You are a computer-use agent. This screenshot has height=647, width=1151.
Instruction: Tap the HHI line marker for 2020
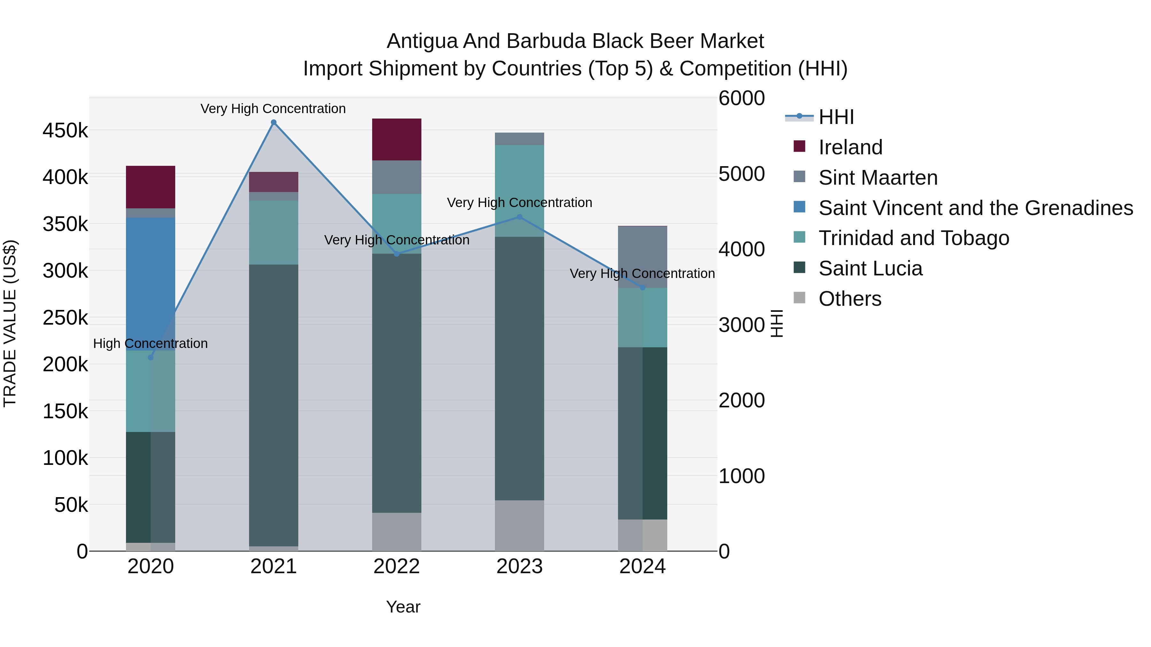151,358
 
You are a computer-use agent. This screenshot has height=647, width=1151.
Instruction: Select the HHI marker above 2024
643,288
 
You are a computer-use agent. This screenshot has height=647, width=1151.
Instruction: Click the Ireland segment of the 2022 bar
397,139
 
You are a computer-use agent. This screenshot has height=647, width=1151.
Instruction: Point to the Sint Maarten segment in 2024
643,257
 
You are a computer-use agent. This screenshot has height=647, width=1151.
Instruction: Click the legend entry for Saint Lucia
870,268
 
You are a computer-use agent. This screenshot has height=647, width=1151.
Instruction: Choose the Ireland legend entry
850,147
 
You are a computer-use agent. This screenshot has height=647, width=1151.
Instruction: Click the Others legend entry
850,299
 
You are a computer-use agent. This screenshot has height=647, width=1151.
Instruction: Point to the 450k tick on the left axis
65,131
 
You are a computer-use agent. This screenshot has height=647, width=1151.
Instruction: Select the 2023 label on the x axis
519,566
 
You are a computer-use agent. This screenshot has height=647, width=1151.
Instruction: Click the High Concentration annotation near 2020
151,343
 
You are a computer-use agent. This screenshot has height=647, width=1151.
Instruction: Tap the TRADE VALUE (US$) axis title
10,323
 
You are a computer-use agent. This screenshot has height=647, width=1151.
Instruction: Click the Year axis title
403,607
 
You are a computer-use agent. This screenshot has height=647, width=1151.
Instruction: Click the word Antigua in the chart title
422,41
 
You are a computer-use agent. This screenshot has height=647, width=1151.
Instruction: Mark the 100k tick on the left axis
65,458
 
